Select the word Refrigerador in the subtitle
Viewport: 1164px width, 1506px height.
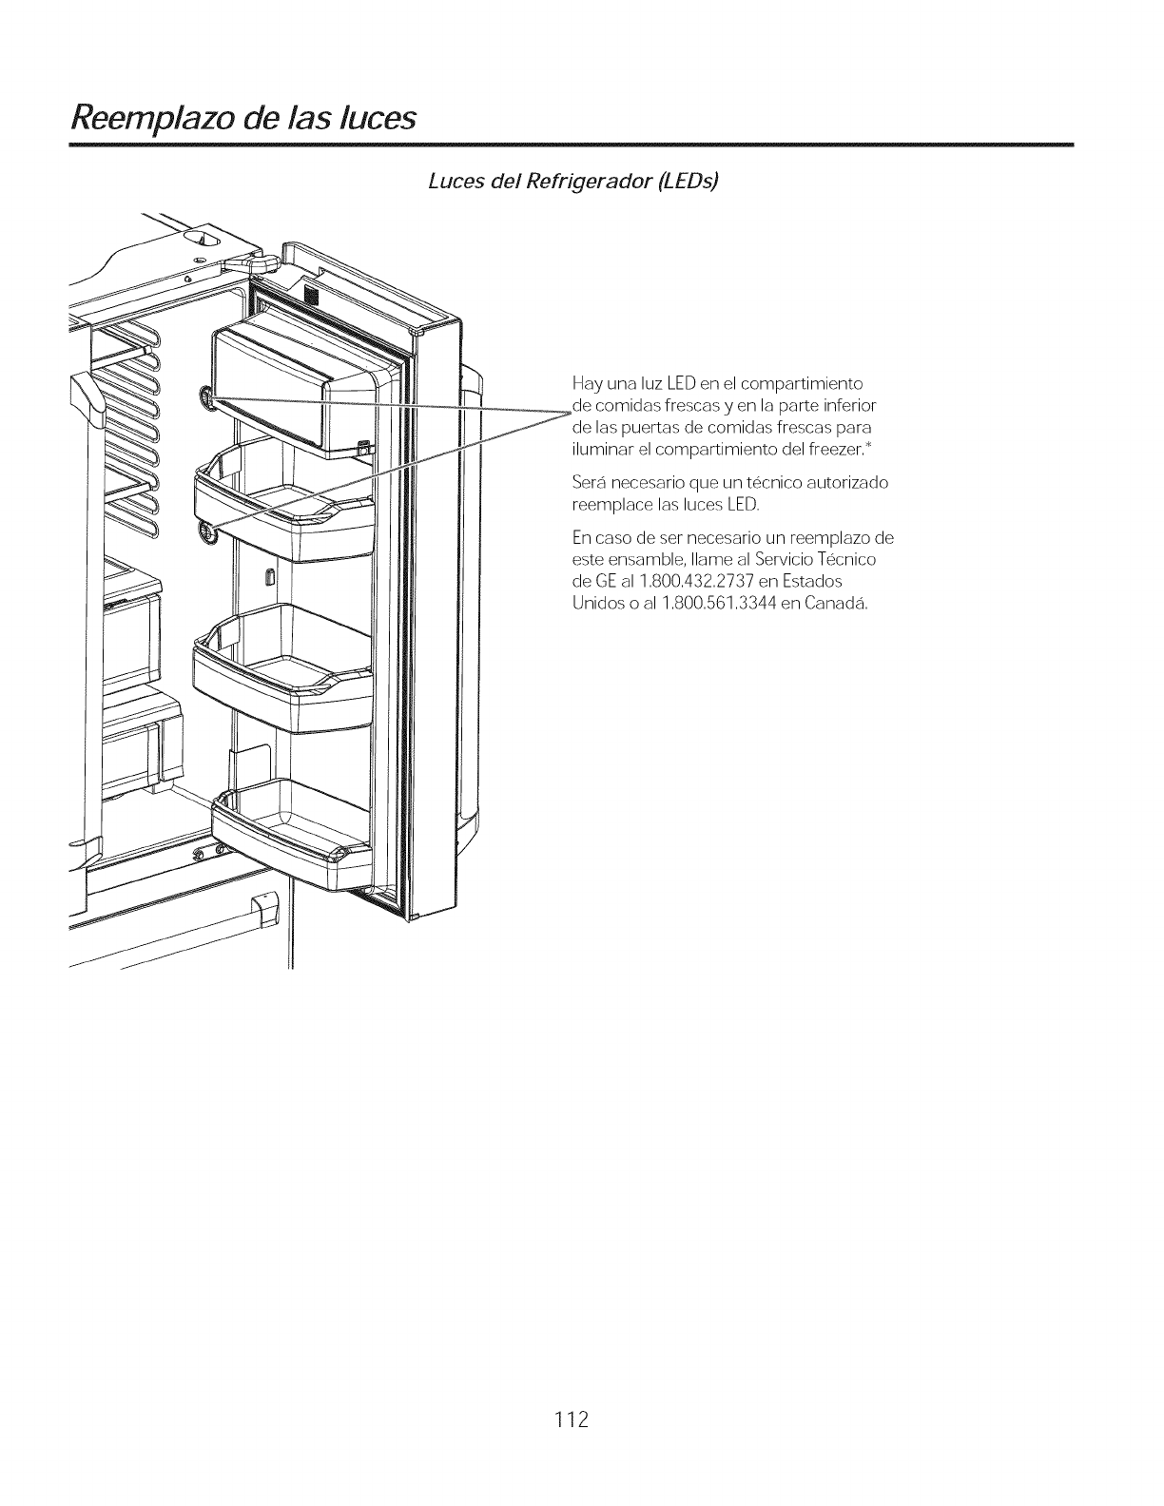[582, 182]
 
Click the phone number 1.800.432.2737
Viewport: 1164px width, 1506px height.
[723, 582]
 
